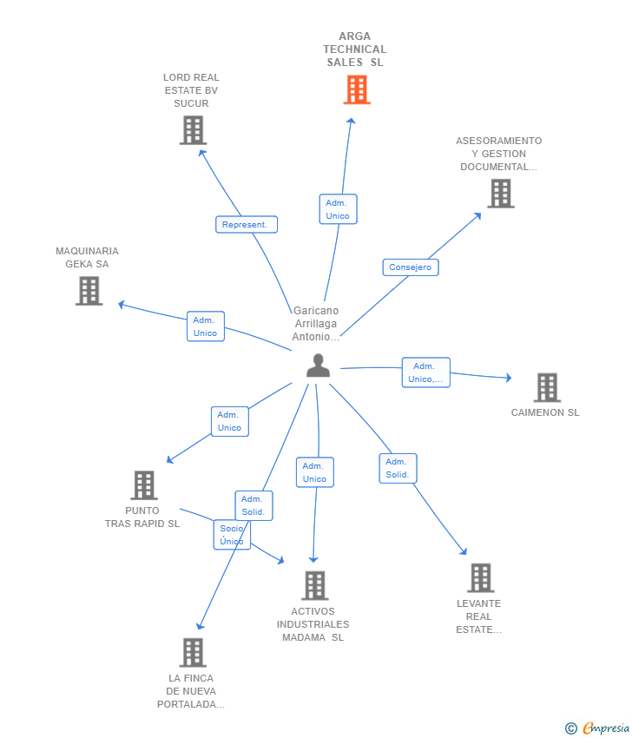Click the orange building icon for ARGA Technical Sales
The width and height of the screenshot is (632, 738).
click(357, 90)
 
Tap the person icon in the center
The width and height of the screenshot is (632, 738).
click(318, 366)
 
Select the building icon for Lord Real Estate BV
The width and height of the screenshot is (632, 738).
click(193, 130)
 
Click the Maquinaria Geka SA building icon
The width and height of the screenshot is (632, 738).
click(89, 291)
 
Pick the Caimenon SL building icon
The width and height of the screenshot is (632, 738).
click(547, 387)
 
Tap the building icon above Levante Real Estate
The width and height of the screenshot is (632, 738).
click(481, 577)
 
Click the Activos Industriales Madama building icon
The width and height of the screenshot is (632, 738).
click(315, 585)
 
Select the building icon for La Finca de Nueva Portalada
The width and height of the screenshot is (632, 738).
click(193, 652)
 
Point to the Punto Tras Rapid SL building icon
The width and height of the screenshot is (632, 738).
click(144, 485)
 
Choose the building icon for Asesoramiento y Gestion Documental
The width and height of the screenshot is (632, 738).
click(501, 194)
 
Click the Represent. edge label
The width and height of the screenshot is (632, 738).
click(247, 225)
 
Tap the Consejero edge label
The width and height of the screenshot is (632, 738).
click(411, 267)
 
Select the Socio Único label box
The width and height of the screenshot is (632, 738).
click(232, 535)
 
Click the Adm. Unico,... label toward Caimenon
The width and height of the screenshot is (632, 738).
click(426, 372)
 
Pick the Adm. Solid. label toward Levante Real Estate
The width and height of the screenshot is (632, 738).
click(398, 468)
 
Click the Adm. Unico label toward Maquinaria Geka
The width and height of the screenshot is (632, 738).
click(206, 326)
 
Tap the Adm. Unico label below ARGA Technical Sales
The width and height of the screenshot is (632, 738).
click(338, 209)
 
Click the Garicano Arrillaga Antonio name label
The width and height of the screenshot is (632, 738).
click(315, 323)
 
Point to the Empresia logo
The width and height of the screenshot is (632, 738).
click(597, 728)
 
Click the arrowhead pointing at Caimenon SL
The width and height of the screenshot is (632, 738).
click(508, 378)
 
